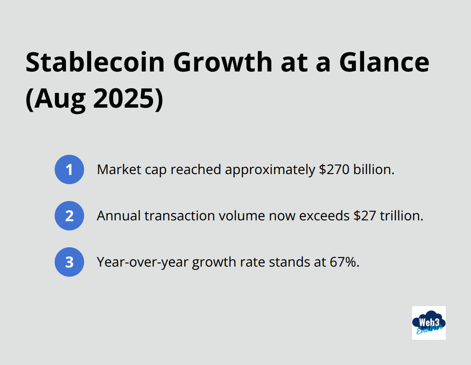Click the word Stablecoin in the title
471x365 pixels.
coord(95,62)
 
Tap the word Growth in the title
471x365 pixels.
coord(223,62)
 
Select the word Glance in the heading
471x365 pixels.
coord(384,62)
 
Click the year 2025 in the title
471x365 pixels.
coord(124,98)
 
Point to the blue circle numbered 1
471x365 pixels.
coord(69,169)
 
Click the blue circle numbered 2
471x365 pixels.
coord(69,216)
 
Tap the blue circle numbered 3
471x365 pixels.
coord(69,262)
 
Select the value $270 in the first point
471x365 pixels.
coord(334,169)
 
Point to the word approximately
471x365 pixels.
coord(270,170)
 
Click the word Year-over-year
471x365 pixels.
coord(143,262)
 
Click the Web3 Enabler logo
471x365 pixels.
coord(429,323)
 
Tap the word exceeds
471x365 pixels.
coord(324,216)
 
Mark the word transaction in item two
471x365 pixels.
coord(180,216)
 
